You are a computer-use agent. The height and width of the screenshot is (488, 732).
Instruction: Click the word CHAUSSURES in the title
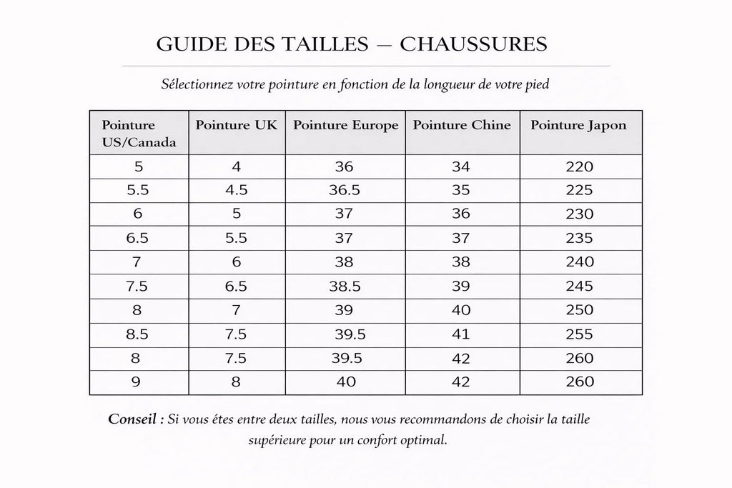473,44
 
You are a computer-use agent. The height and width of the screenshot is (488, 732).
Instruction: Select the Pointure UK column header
237,125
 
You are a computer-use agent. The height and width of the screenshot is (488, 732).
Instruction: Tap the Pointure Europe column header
345,125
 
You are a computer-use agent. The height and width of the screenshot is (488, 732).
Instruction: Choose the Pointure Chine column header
462,125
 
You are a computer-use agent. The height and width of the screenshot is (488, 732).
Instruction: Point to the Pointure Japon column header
578,125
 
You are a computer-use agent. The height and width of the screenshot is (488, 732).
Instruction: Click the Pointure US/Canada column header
139,133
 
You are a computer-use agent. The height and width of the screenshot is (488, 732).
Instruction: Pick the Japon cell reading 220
579,167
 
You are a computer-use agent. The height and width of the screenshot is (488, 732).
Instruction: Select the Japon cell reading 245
579,286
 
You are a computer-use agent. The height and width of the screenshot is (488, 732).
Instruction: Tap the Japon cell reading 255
579,334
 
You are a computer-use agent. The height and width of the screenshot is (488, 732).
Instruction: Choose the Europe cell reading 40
346,382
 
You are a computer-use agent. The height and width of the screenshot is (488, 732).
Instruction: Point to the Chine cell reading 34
463,167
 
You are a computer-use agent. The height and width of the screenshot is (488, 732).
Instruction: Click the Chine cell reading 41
463,334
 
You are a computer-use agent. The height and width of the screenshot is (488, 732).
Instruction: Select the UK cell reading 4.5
237,191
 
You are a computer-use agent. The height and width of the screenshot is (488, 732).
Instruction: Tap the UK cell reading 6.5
237,286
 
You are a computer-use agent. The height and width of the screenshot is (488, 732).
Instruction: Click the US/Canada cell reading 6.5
138,239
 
